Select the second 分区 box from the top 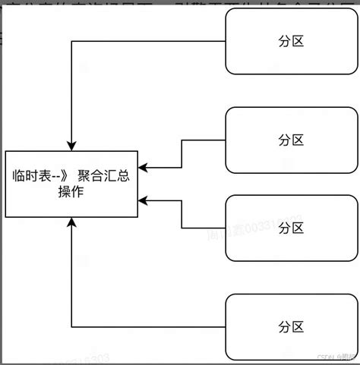pos(291,140)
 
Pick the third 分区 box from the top pos(291,228)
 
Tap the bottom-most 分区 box pos(291,327)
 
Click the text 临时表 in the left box pos(30,176)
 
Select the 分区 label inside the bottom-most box pos(291,327)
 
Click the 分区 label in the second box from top pos(291,140)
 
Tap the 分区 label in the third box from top pos(291,228)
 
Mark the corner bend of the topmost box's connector pos(71,42)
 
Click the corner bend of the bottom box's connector pos(71,327)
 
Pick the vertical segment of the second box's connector pos(182,153)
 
